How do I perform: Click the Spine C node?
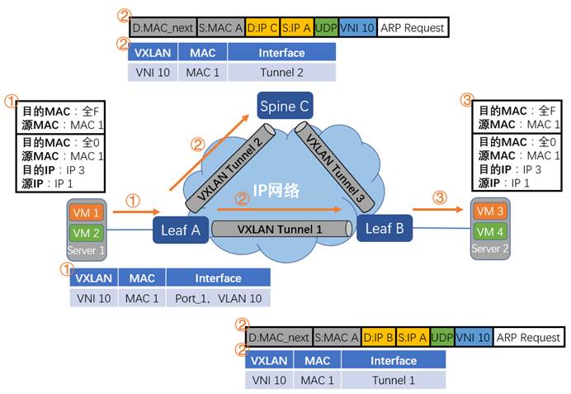coord(285,106)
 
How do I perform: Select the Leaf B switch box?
coord(384,229)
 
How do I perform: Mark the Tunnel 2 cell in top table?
coord(281,72)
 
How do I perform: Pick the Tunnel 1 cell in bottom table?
coord(393,380)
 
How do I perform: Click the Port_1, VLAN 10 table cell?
coord(218,298)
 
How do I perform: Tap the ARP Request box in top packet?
coord(413,28)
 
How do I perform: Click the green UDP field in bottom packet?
coord(441,337)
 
